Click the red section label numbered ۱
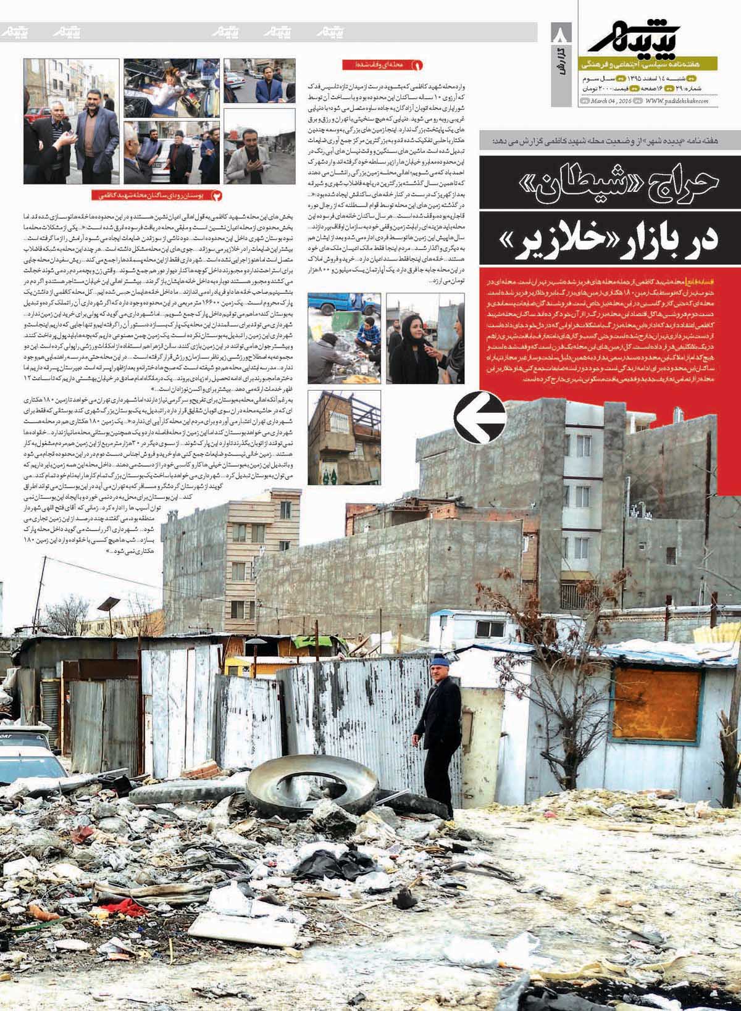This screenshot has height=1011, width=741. [383, 64]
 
